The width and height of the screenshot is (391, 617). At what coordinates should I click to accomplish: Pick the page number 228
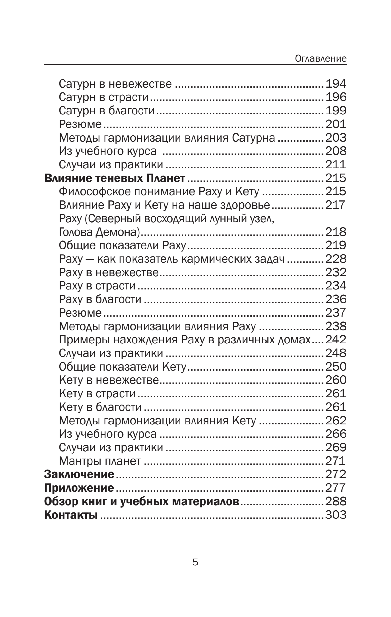coord(336,259)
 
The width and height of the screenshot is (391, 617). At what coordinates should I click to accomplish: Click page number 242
coord(336,340)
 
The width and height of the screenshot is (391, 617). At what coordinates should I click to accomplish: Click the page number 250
coord(336,366)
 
